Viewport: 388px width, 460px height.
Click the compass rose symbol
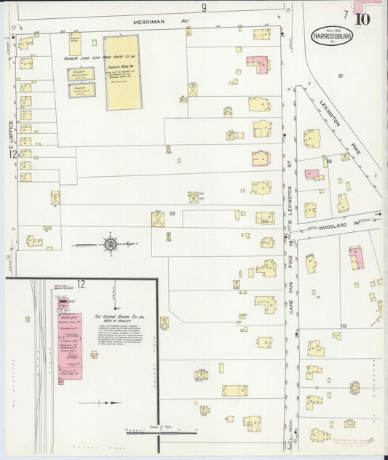[x=111, y=244]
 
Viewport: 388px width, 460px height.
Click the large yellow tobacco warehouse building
[x=122, y=73]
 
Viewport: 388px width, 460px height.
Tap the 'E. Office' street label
[x=11, y=130]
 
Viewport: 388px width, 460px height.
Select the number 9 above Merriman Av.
[x=205, y=8]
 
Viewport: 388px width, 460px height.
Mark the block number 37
[x=339, y=76]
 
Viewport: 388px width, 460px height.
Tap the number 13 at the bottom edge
[x=288, y=445]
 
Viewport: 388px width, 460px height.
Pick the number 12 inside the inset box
[x=81, y=284]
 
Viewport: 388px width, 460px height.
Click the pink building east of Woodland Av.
[x=356, y=257]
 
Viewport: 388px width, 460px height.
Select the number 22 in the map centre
[x=173, y=213]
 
